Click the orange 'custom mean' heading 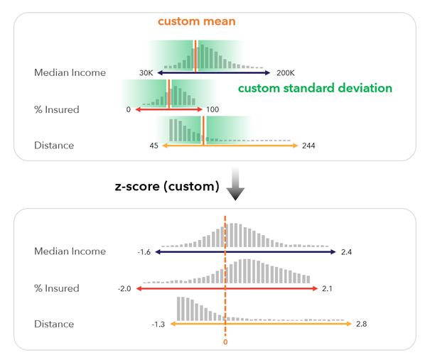(197, 21)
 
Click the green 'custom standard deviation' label (314, 89)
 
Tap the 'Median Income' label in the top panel (70, 72)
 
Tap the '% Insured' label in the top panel (57, 110)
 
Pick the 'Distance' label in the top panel (54, 146)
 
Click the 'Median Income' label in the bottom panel (70, 251)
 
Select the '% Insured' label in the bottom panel (57, 288)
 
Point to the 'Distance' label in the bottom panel (54, 324)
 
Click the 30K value (146, 72)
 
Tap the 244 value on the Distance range (308, 146)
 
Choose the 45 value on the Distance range (154, 146)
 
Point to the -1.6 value (144, 251)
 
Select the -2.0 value (126, 288)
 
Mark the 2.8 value (362, 324)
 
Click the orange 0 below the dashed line (225, 342)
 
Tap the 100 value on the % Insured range (212, 110)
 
